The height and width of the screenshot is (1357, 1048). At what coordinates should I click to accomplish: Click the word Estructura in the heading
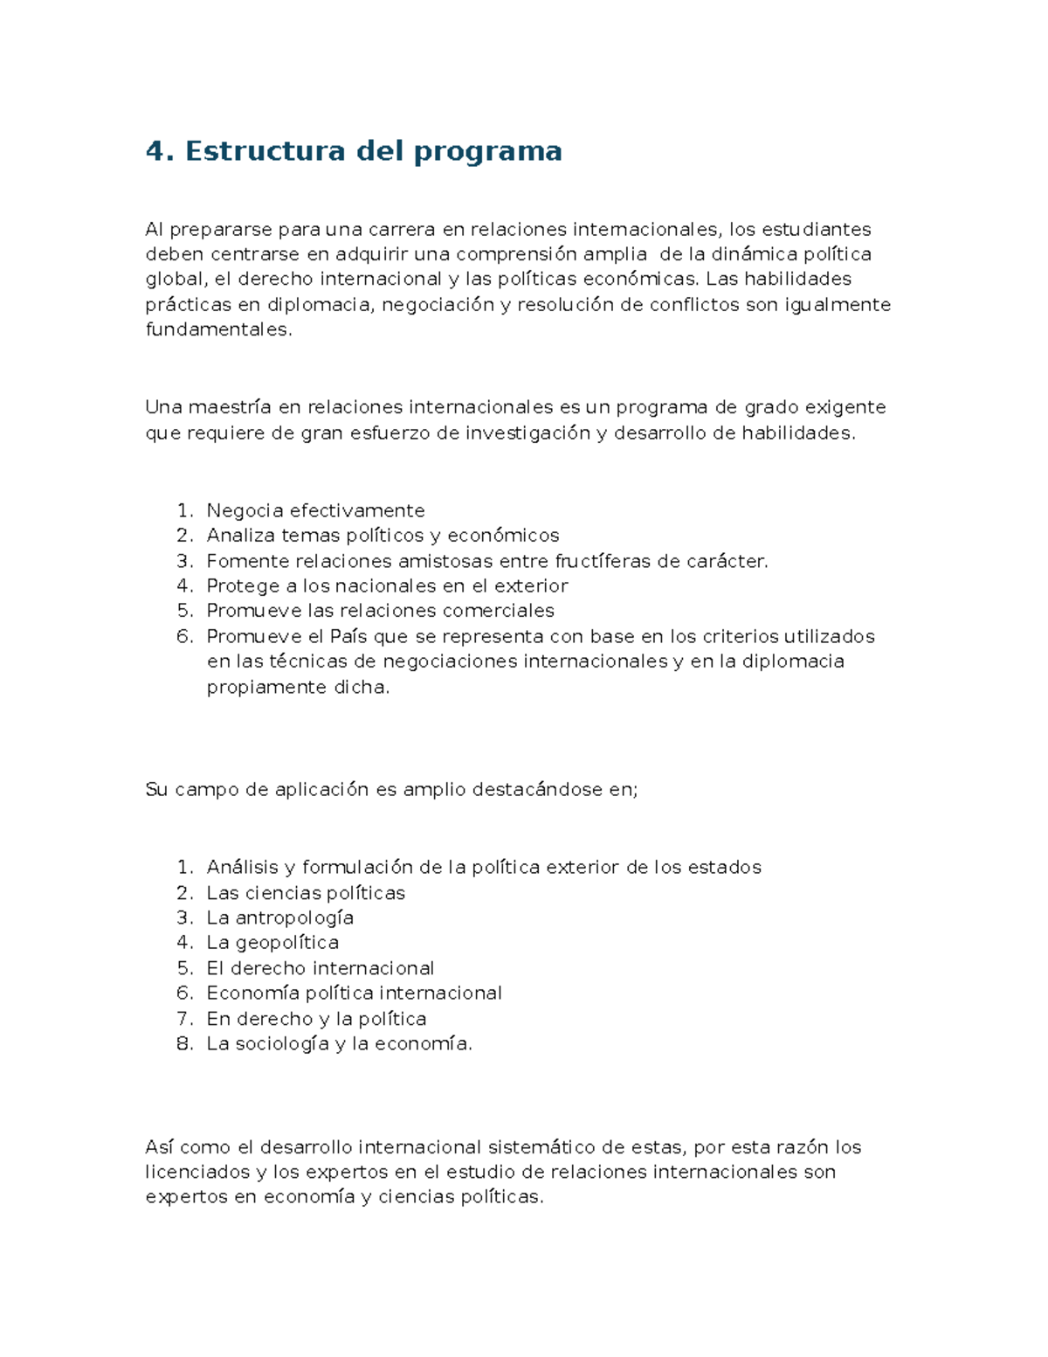click(265, 151)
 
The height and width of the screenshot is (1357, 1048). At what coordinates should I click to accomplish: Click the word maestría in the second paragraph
click(230, 407)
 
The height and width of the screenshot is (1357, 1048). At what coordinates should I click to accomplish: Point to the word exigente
click(845, 407)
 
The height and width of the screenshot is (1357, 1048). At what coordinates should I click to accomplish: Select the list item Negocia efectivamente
click(315, 510)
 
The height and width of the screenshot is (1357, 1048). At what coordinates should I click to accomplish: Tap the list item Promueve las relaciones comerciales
click(380, 611)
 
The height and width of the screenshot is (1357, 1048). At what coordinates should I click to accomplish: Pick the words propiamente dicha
click(297, 687)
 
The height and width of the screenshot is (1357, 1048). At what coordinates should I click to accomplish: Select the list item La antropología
click(279, 918)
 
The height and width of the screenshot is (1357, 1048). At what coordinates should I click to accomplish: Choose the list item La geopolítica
click(272, 943)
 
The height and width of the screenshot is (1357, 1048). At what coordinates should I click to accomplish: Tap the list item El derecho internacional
click(320, 968)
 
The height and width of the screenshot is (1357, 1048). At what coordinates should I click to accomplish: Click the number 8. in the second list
click(184, 1043)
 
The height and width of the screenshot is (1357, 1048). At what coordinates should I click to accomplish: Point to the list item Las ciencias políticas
click(306, 893)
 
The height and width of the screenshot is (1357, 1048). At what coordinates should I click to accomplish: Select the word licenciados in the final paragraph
click(196, 1172)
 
